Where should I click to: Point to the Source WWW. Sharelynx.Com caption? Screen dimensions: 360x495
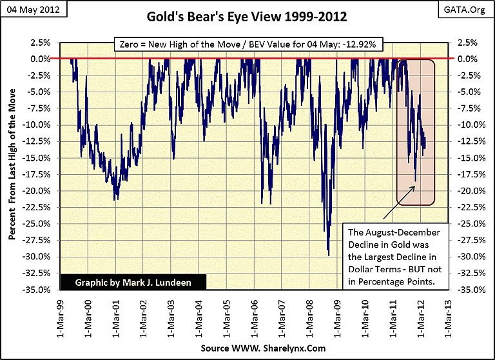(248, 349)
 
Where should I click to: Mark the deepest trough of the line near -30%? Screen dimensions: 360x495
(329, 255)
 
